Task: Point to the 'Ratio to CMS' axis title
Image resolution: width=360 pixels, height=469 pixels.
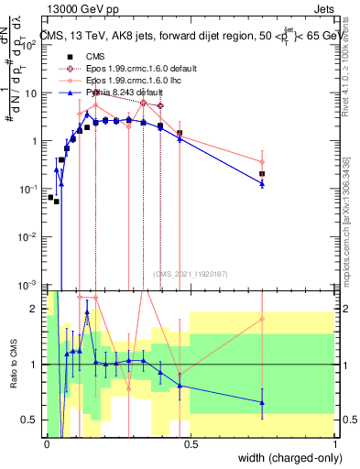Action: [x=13, y=365]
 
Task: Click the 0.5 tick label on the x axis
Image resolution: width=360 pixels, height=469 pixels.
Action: [x=191, y=444]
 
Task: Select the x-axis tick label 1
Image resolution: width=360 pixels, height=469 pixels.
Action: [x=335, y=444]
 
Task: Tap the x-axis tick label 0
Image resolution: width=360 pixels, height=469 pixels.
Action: [x=47, y=444]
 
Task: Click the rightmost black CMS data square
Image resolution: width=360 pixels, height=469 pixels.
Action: [x=262, y=173]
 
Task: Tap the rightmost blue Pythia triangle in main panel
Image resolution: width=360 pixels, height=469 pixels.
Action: [x=262, y=184]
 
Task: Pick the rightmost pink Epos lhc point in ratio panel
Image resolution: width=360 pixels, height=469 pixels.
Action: [x=262, y=319]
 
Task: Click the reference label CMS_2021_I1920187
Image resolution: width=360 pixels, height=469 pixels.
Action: [x=190, y=273]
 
